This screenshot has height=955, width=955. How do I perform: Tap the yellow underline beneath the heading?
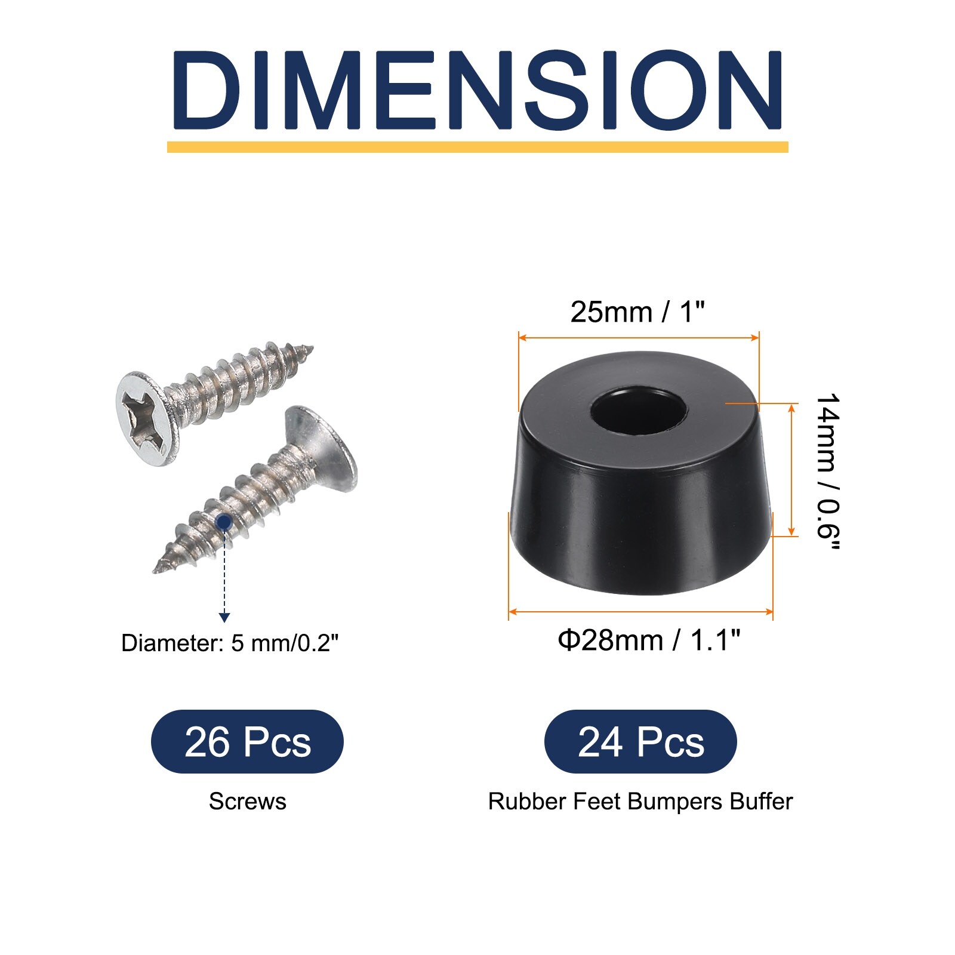point(478,147)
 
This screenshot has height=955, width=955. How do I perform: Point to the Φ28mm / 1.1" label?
point(649,640)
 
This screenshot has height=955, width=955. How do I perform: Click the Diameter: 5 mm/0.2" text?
point(230,643)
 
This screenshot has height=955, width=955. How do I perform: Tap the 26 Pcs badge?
point(247,742)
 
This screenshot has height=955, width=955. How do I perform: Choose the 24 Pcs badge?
point(640,742)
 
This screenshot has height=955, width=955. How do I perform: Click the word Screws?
point(247,801)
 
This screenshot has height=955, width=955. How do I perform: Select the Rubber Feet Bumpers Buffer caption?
point(640,801)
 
